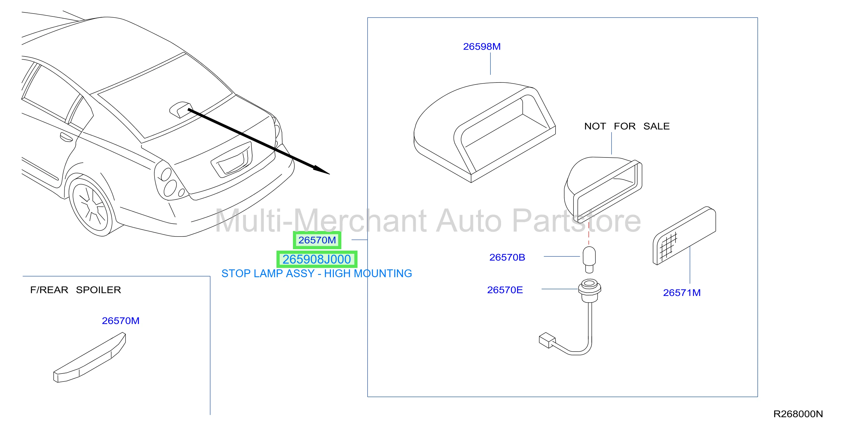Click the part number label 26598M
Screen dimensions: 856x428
[481, 46]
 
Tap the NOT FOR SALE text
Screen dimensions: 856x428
[627, 126]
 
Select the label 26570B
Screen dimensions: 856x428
[507, 257]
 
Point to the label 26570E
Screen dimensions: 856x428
[505, 290]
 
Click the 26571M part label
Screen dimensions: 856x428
[682, 292]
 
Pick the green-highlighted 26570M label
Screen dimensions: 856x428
[317, 240]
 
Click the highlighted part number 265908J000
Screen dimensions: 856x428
[317, 259]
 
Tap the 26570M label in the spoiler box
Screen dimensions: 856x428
[121, 321]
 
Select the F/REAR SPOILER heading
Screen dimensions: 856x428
[76, 290]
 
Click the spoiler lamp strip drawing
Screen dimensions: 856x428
[90, 358]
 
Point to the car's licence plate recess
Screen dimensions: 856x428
[232, 159]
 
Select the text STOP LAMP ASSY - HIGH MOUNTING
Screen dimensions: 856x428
[317, 273]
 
